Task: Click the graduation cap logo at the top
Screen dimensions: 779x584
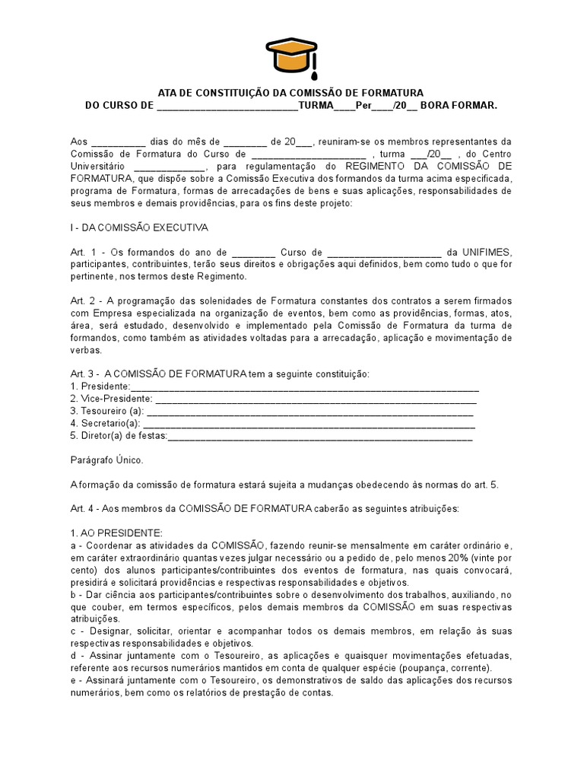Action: pos(291,56)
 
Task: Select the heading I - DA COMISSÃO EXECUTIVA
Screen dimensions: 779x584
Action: pos(139,227)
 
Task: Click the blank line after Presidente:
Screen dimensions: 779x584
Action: pos(304,386)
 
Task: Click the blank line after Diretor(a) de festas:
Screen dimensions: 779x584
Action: pos(319,436)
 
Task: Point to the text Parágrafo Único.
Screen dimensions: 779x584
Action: pos(106,460)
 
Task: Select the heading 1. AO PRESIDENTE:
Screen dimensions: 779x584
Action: pos(116,533)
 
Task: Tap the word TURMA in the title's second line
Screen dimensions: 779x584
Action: pos(316,105)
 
